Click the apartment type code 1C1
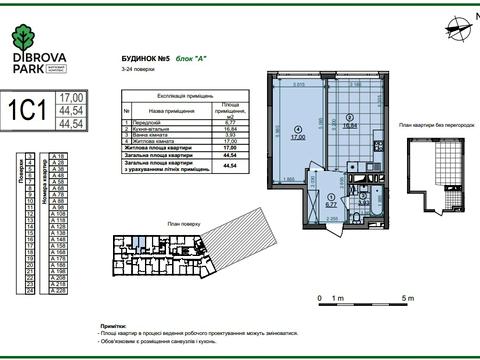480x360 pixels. click(30, 109)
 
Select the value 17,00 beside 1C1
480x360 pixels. click(71, 97)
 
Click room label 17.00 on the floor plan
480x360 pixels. click(300, 139)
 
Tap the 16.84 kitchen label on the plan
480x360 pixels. click(349, 127)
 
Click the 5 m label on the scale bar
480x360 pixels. click(407, 299)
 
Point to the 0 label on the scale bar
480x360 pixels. click(319, 299)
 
